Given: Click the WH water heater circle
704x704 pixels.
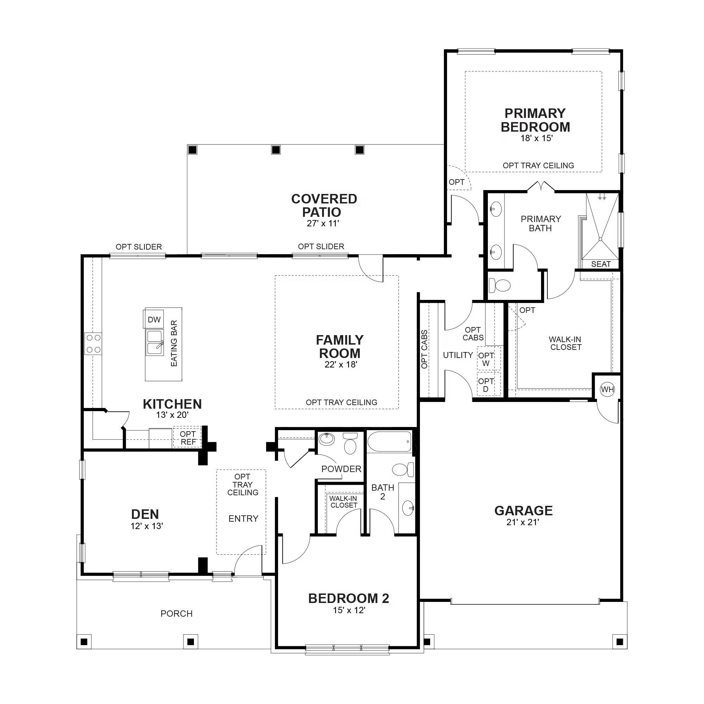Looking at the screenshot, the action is point(608,389).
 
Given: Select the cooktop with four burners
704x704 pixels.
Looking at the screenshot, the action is point(93,343).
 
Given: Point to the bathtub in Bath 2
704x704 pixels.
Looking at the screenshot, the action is point(390,441).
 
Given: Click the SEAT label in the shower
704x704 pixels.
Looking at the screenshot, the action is point(601,264).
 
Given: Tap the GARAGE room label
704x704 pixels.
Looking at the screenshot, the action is point(523,510).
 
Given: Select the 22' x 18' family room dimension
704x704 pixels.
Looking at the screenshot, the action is point(341,364).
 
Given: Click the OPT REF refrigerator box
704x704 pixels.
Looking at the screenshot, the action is point(187,437).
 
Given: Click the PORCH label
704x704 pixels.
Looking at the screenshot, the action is point(176,614).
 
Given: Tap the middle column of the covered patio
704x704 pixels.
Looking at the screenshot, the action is point(276,150).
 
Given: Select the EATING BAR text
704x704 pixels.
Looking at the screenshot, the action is point(174,343).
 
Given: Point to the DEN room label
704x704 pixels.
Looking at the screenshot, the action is point(145,514).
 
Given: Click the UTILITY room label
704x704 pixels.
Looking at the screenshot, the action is point(458,355).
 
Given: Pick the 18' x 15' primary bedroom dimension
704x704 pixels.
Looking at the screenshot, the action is point(536,138).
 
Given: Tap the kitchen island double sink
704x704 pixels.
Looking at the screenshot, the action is point(155,342).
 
